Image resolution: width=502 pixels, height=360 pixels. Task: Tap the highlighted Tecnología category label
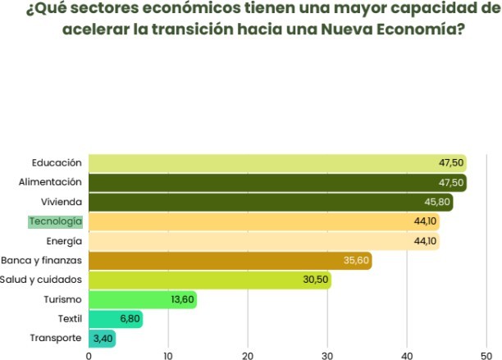click(x=56, y=221)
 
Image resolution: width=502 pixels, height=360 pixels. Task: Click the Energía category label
click(x=64, y=241)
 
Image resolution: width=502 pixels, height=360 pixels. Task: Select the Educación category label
click(x=57, y=162)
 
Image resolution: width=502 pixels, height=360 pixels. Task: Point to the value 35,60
click(x=357, y=261)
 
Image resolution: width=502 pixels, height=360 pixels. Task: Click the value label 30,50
click(x=316, y=280)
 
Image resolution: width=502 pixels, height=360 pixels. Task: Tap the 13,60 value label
click(x=183, y=299)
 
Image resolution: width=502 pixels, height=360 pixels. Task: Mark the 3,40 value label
click(x=103, y=338)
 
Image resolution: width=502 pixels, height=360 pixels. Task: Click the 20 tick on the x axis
click(x=248, y=355)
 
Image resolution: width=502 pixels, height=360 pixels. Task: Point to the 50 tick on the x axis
click(x=486, y=355)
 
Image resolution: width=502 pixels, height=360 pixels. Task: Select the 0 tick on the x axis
click(x=89, y=355)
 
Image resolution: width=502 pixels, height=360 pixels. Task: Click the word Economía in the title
click(x=411, y=30)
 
